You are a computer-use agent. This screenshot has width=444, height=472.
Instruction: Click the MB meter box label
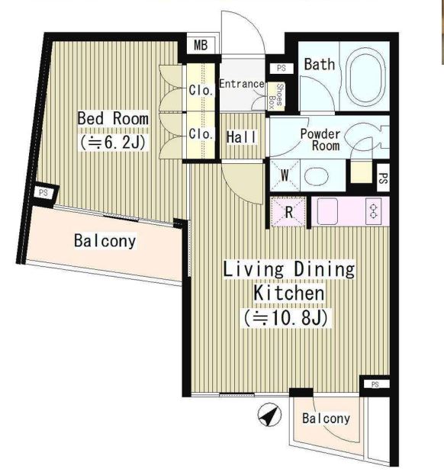(x=201, y=45)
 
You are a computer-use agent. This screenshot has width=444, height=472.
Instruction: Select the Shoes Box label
(x=276, y=96)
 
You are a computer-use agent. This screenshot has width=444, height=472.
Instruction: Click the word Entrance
(x=242, y=84)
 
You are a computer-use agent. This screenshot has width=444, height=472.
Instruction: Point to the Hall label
(x=241, y=137)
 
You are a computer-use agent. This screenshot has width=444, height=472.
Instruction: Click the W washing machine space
(x=285, y=175)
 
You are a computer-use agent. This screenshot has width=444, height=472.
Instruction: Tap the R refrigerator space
(x=288, y=212)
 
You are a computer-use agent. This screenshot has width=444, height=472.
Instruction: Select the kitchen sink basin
(x=327, y=210)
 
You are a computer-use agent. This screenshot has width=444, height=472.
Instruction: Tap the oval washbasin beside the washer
(x=316, y=176)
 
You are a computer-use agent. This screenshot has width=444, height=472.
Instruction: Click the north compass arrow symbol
(x=269, y=415)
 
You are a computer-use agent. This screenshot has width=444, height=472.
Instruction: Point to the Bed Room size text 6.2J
(x=113, y=142)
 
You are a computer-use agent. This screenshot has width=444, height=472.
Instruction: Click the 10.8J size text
(x=285, y=317)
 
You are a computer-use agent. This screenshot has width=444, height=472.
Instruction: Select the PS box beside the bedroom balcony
(x=44, y=193)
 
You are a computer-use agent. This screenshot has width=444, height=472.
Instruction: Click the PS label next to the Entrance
(x=282, y=68)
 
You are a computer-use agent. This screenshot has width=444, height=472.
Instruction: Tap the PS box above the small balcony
(x=375, y=384)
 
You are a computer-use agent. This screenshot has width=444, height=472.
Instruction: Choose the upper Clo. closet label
(x=201, y=90)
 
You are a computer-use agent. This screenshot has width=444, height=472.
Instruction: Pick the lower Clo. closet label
(x=201, y=133)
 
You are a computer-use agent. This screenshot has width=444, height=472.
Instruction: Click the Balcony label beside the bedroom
(x=105, y=241)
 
